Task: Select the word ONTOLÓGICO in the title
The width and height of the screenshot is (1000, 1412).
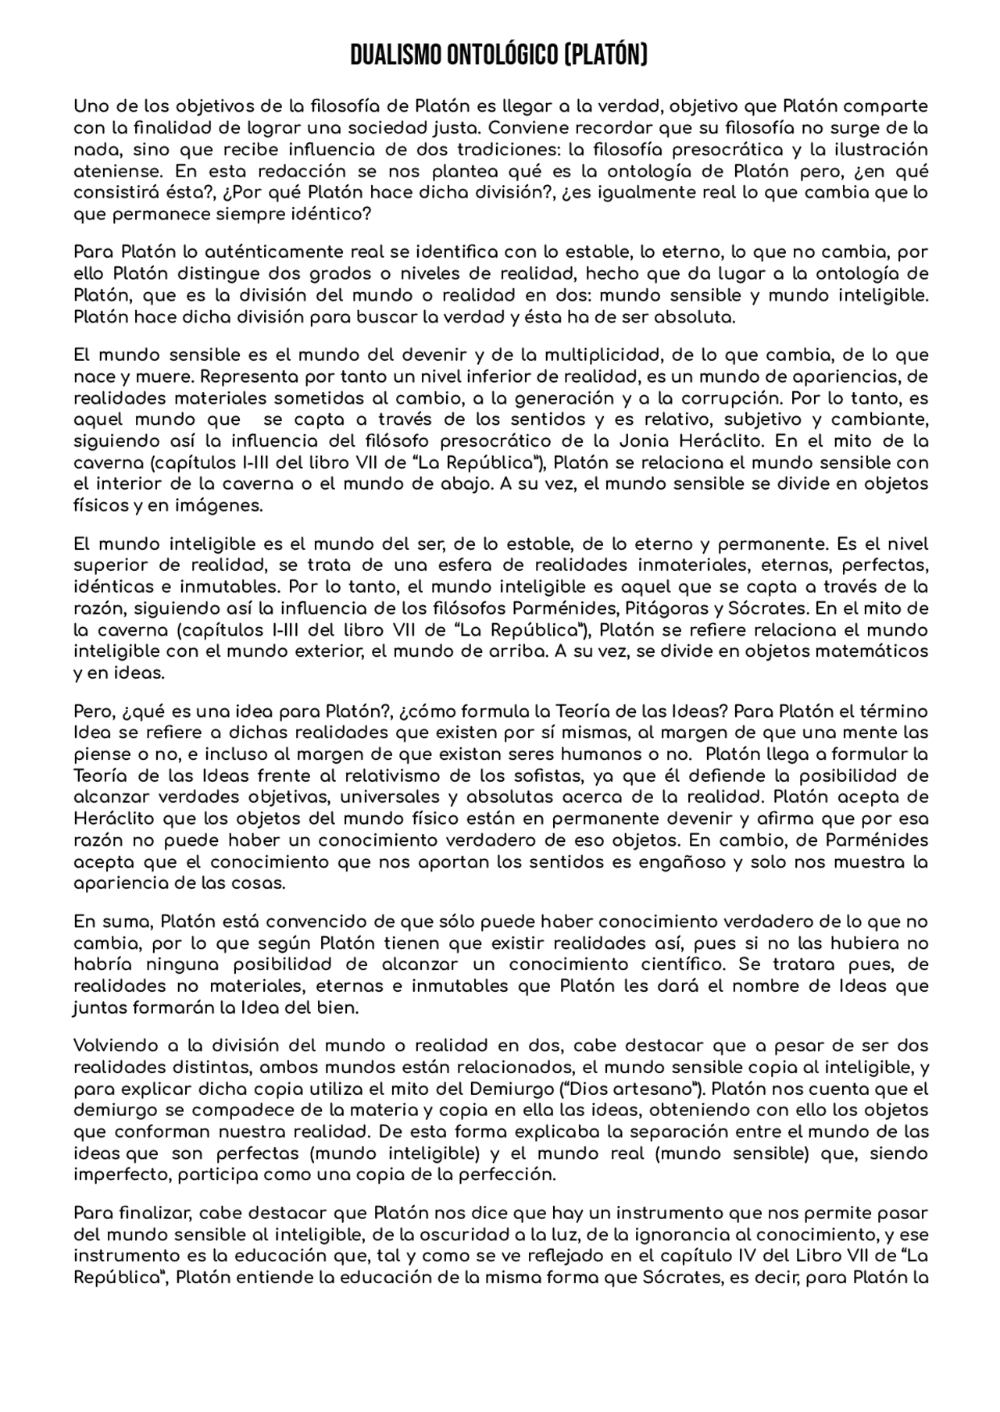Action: pyautogui.click(x=502, y=56)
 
